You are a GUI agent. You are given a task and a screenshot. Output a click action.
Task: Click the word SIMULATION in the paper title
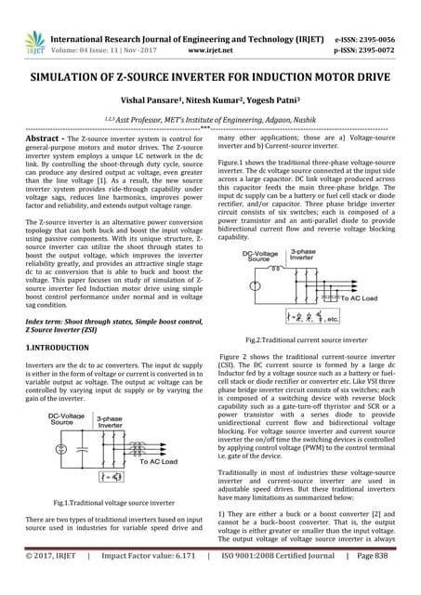pyautogui.click(x=66, y=80)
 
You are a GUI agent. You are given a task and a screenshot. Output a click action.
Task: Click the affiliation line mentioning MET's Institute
pyautogui.click(x=210, y=124)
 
